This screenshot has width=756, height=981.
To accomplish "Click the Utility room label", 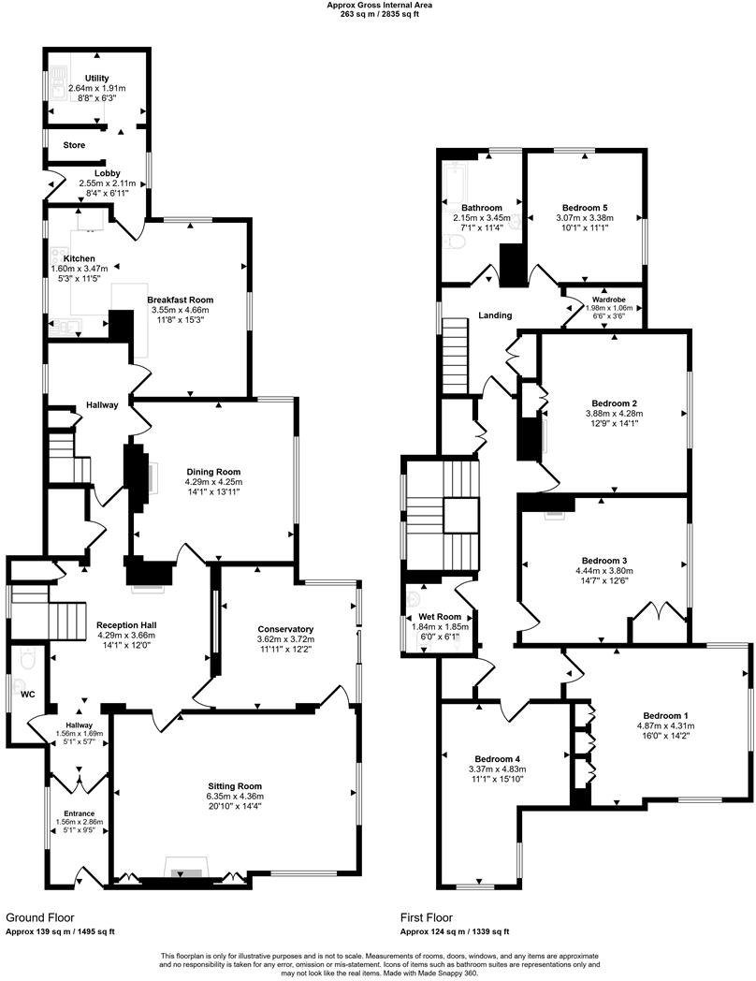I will point(97,78).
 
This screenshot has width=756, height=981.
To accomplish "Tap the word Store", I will point(74,145).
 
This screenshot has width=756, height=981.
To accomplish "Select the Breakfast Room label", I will point(178,300).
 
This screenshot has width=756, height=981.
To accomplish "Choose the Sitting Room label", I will point(235,785).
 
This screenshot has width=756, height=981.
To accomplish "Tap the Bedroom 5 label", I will point(585,207).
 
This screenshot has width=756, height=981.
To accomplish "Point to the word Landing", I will point(495,315).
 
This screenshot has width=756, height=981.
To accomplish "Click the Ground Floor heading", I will point(40,918).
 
